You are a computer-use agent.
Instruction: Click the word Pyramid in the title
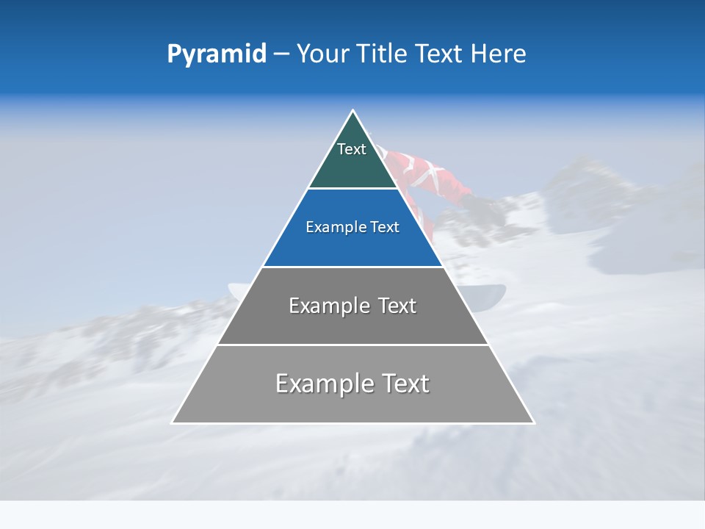tap(217, 54)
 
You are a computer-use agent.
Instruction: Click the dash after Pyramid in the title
tap(281, 54)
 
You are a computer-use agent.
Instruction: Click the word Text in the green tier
tap(352, 149)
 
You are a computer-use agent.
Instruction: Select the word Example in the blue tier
tap(333, 227)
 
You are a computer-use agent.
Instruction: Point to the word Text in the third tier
tap(394, 306)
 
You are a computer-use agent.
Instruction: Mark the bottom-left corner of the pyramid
tap(173, 422)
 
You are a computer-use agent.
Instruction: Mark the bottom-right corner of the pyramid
tap(533, 422)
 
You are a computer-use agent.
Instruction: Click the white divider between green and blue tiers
tap(353, 189)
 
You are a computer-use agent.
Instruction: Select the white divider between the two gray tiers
tap(353, 345)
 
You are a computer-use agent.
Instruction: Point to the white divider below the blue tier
tap(353, 267)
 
